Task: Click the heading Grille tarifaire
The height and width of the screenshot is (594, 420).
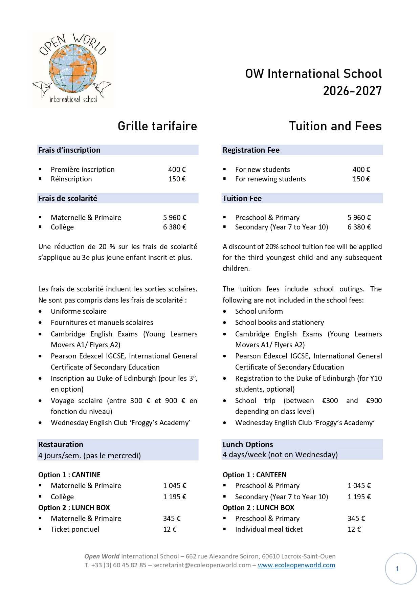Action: (x=157, y=126)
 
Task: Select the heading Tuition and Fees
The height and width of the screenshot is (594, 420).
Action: (x=335, y=126)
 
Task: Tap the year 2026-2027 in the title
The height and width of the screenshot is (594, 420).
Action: (x=352, y=91)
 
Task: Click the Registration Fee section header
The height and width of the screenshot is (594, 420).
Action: (x=251, y=150)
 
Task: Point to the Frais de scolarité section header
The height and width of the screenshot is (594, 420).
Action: (x=68, y=198)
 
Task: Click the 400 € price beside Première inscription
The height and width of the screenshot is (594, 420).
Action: (x=177, y=170)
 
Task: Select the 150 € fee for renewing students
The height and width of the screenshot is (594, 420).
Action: (x=361, y=179)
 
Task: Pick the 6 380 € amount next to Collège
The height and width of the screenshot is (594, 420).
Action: (x=175, y=227)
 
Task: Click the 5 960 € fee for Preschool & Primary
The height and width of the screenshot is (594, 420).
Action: (x=359, y=218)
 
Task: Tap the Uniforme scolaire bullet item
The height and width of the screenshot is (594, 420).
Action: (x=79, y=311)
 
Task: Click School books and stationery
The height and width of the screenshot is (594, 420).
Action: (x=279, y=323)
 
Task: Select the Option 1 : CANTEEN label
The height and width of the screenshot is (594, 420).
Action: (x=255, y=475)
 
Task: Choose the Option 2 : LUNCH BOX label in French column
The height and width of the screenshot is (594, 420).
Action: (x=74, y=508)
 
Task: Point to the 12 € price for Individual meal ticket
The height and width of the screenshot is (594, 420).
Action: (x=354, y=529)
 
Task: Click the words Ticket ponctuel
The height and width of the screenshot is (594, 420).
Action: (x=75, y=529)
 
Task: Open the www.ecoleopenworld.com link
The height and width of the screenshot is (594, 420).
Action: (x=296, y=565)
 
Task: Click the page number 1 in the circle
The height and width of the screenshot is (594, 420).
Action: (x=397, y=569)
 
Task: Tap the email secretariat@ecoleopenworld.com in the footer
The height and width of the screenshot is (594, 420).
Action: (x=202, y=565)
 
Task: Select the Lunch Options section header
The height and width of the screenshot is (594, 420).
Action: (x=248, y=444)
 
